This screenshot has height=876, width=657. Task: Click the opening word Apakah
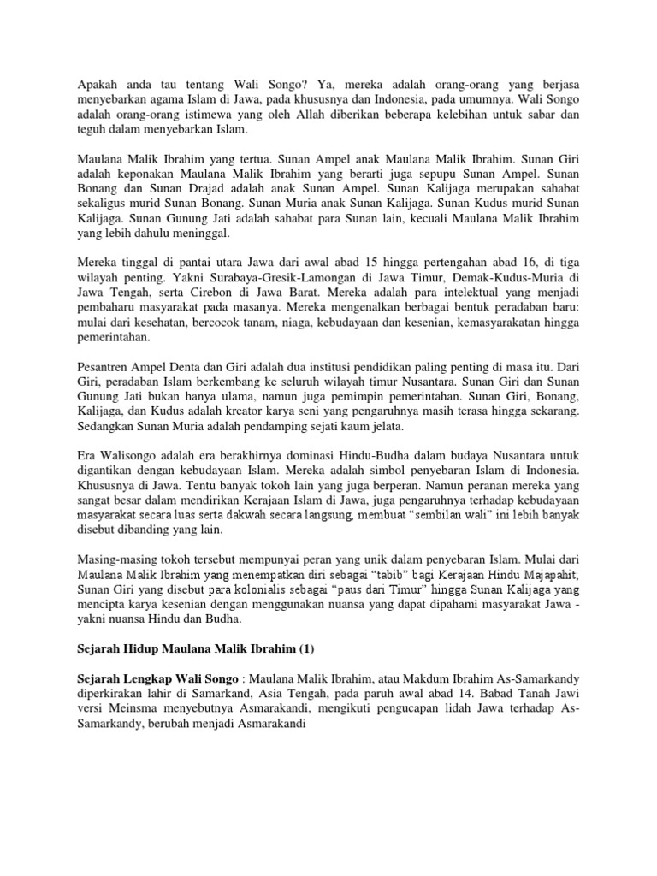coord(88,86)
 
